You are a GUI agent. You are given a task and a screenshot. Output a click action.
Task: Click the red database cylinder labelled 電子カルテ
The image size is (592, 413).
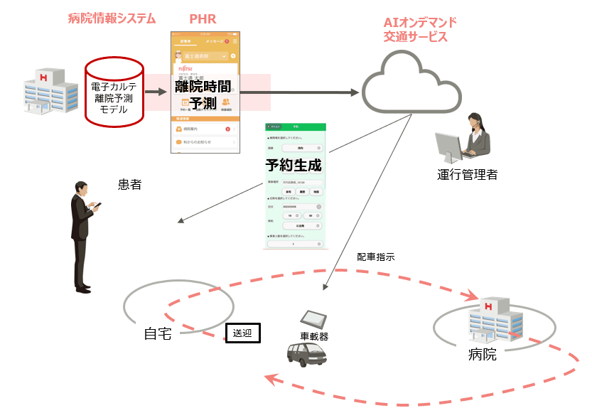coord(114,92)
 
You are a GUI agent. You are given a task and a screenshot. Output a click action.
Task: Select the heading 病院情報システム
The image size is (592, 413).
coord(112,18)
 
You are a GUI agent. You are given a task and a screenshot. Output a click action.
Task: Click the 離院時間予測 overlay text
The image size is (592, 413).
coord(203,95)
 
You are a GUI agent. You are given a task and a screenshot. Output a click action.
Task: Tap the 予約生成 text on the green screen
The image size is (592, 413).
coord(294,166)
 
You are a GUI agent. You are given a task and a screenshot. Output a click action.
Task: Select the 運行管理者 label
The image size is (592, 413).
coord(467,174)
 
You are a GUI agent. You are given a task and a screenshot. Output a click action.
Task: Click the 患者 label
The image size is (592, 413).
coord(129,186)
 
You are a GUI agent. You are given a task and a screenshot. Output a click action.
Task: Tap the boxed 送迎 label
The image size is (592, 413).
coord(242,332)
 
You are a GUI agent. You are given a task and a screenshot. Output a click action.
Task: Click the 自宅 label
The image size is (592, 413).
coord(157,333)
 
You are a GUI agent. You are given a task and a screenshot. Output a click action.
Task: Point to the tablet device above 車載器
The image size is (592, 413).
coord(313,320)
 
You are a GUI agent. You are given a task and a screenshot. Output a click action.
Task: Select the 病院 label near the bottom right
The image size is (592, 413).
coord(483,354)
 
